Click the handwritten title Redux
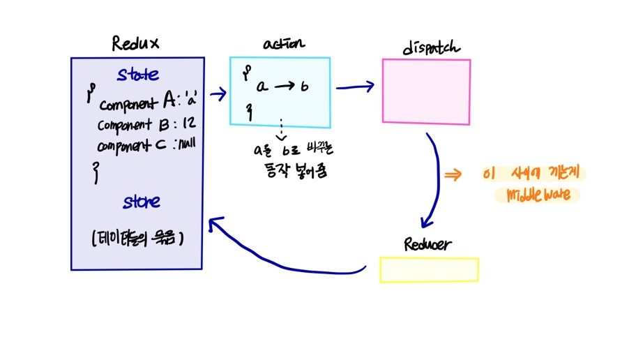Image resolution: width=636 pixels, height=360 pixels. pos(136,44)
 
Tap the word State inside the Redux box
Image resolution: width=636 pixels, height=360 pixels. pos(137,74)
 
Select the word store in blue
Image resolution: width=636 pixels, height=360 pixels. pos(142,202)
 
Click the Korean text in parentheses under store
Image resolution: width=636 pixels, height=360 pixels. pos(137,237)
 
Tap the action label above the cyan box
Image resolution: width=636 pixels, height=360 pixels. pos(284,44)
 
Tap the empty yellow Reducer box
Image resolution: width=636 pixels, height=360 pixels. pos(429,270)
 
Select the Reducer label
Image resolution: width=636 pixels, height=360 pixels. pos(427,245)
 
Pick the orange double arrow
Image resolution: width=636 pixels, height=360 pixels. pos(453,176)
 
